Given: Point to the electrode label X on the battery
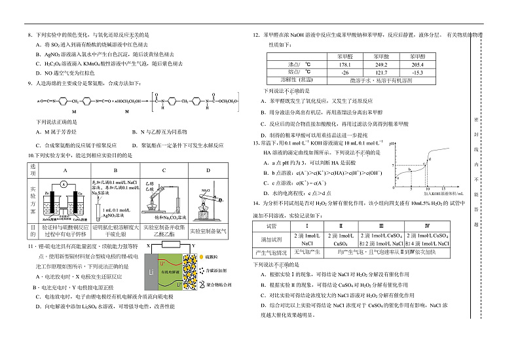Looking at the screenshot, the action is [149, 245].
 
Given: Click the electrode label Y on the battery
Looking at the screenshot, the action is [194, 245].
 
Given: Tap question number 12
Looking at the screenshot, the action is [256, 35].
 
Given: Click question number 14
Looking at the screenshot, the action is [257, 204].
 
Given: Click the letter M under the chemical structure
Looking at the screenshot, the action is [74, 112].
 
